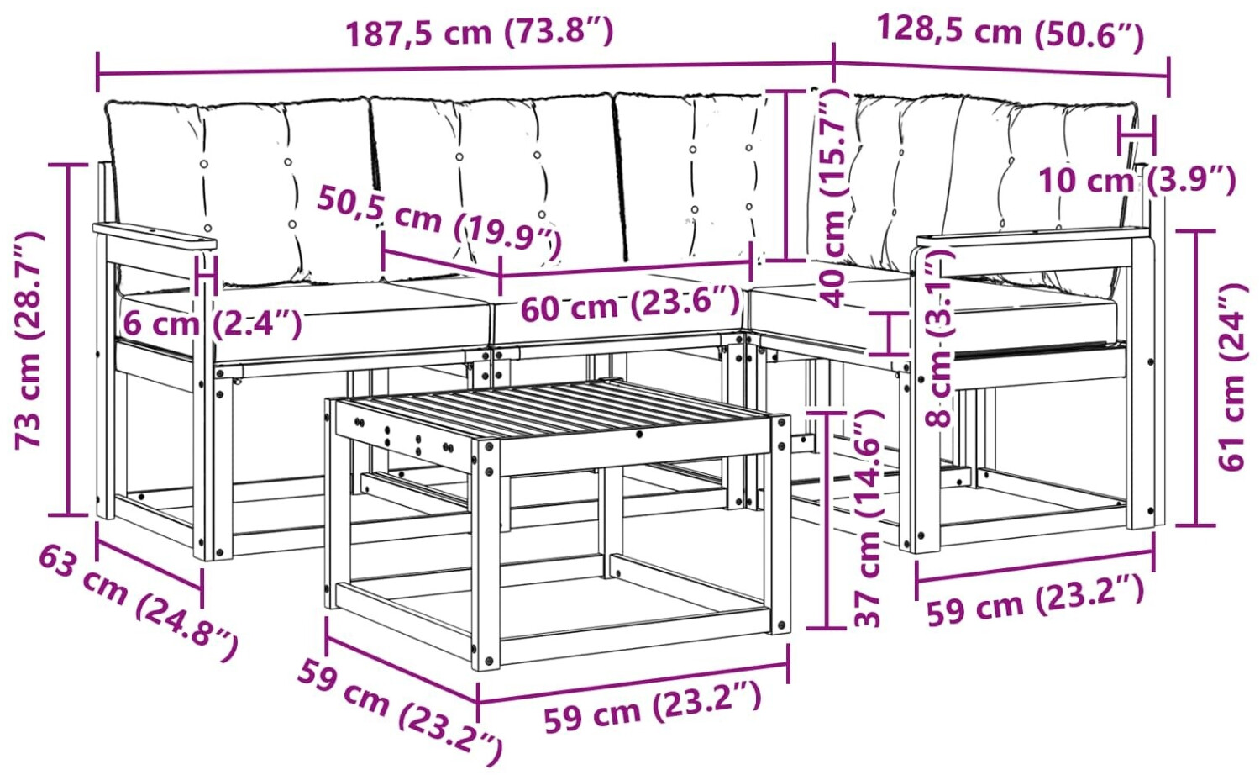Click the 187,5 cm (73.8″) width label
pos(479,33)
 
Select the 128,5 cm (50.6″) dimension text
pos(1011,33)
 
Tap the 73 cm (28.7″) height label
pos(29,340)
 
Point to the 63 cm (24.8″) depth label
pos(139,602)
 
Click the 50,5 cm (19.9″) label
pos(439,223)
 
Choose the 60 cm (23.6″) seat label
pos(630,304)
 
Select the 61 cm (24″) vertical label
pos(1233,377)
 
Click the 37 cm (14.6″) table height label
pos(867,519)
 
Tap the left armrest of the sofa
pos(155,236)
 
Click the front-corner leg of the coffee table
pos(486,555)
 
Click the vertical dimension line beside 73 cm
pos(69,340)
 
